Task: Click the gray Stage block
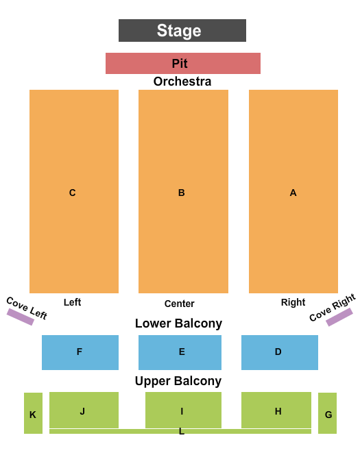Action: [x=182, y=31]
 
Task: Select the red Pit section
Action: [x=183, y=63]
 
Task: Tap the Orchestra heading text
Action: [x=182, y=82]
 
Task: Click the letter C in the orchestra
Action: [x=72, y=193]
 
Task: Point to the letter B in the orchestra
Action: [x=181, y=193]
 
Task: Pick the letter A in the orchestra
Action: [x=293, y=193]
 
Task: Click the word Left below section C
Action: [x=72, y=302]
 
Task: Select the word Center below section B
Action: [x=179, y=304]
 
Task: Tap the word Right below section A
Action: [x=293, y=302]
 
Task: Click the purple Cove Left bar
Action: [x=20, y=317]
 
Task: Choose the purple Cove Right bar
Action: [x=339, y=317]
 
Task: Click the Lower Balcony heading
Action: [x=178, y=323]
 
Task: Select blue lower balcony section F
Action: [x=80, y=352]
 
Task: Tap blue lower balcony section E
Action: [x=180, y=352]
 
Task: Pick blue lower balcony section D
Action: [x=280, y=352]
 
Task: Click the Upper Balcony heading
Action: [x=178, y=381]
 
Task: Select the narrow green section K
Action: [x=33, y=413]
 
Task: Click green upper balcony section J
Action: [x=84, y=410]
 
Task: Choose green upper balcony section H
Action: [x=276, y=410]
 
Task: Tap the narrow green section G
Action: [x=327, y=413]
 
